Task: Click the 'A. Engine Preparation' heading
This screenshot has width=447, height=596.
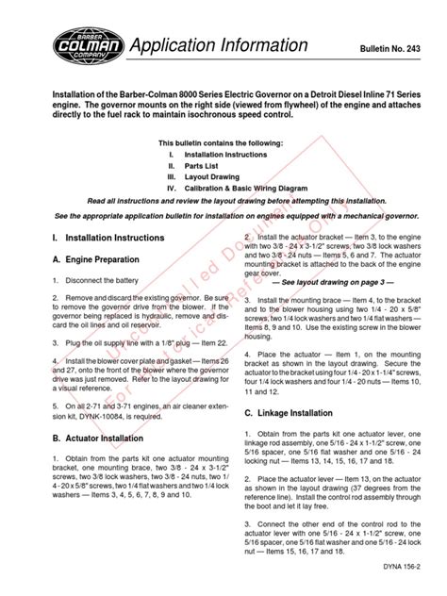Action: coord(96,259)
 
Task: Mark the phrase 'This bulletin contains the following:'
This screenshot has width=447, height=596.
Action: coord(223,141)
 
